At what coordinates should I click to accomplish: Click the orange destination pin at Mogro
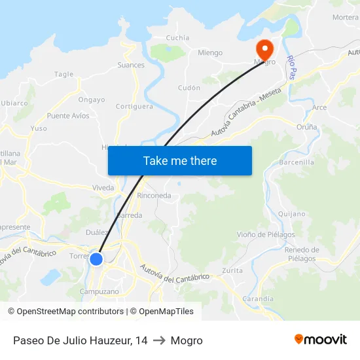tap(265, 49)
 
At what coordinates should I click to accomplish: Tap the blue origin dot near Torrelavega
tap(96, 259)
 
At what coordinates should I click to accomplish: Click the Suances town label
tap(131, 65)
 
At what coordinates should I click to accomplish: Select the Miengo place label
tap(210, 53)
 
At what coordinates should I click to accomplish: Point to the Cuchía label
tap(178, 38)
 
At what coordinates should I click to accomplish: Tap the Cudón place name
tap(189, 88)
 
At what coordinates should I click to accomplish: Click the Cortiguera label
tap(134, 106)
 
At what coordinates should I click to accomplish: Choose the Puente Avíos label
tap(68, 116)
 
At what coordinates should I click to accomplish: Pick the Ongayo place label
tap(92, 100)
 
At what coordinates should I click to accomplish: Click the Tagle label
tap(64, 75)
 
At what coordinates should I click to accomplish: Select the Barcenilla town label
tap(297, 162)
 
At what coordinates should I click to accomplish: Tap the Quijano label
tap(291, 213)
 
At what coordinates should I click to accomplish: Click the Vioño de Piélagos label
tap(266, 234)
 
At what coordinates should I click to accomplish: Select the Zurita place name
tap(232, 270)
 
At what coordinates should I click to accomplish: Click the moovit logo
tap(321, 340)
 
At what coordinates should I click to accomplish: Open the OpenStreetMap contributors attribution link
tap(70, 312)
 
